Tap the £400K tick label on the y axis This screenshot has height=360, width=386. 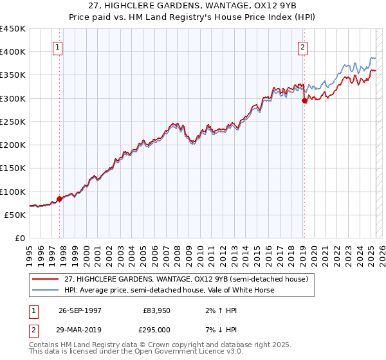pos(12,52)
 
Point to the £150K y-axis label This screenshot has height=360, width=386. pos(12,168)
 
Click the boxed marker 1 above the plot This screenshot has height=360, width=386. pos(58,47)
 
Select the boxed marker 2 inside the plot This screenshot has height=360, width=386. pos(302,47)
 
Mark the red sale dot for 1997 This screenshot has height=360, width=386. pos(60,199)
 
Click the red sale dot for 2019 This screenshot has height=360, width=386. pos(304,100)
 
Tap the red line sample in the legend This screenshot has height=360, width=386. pos(46,280)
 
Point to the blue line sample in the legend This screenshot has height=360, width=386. pos(46,290)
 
